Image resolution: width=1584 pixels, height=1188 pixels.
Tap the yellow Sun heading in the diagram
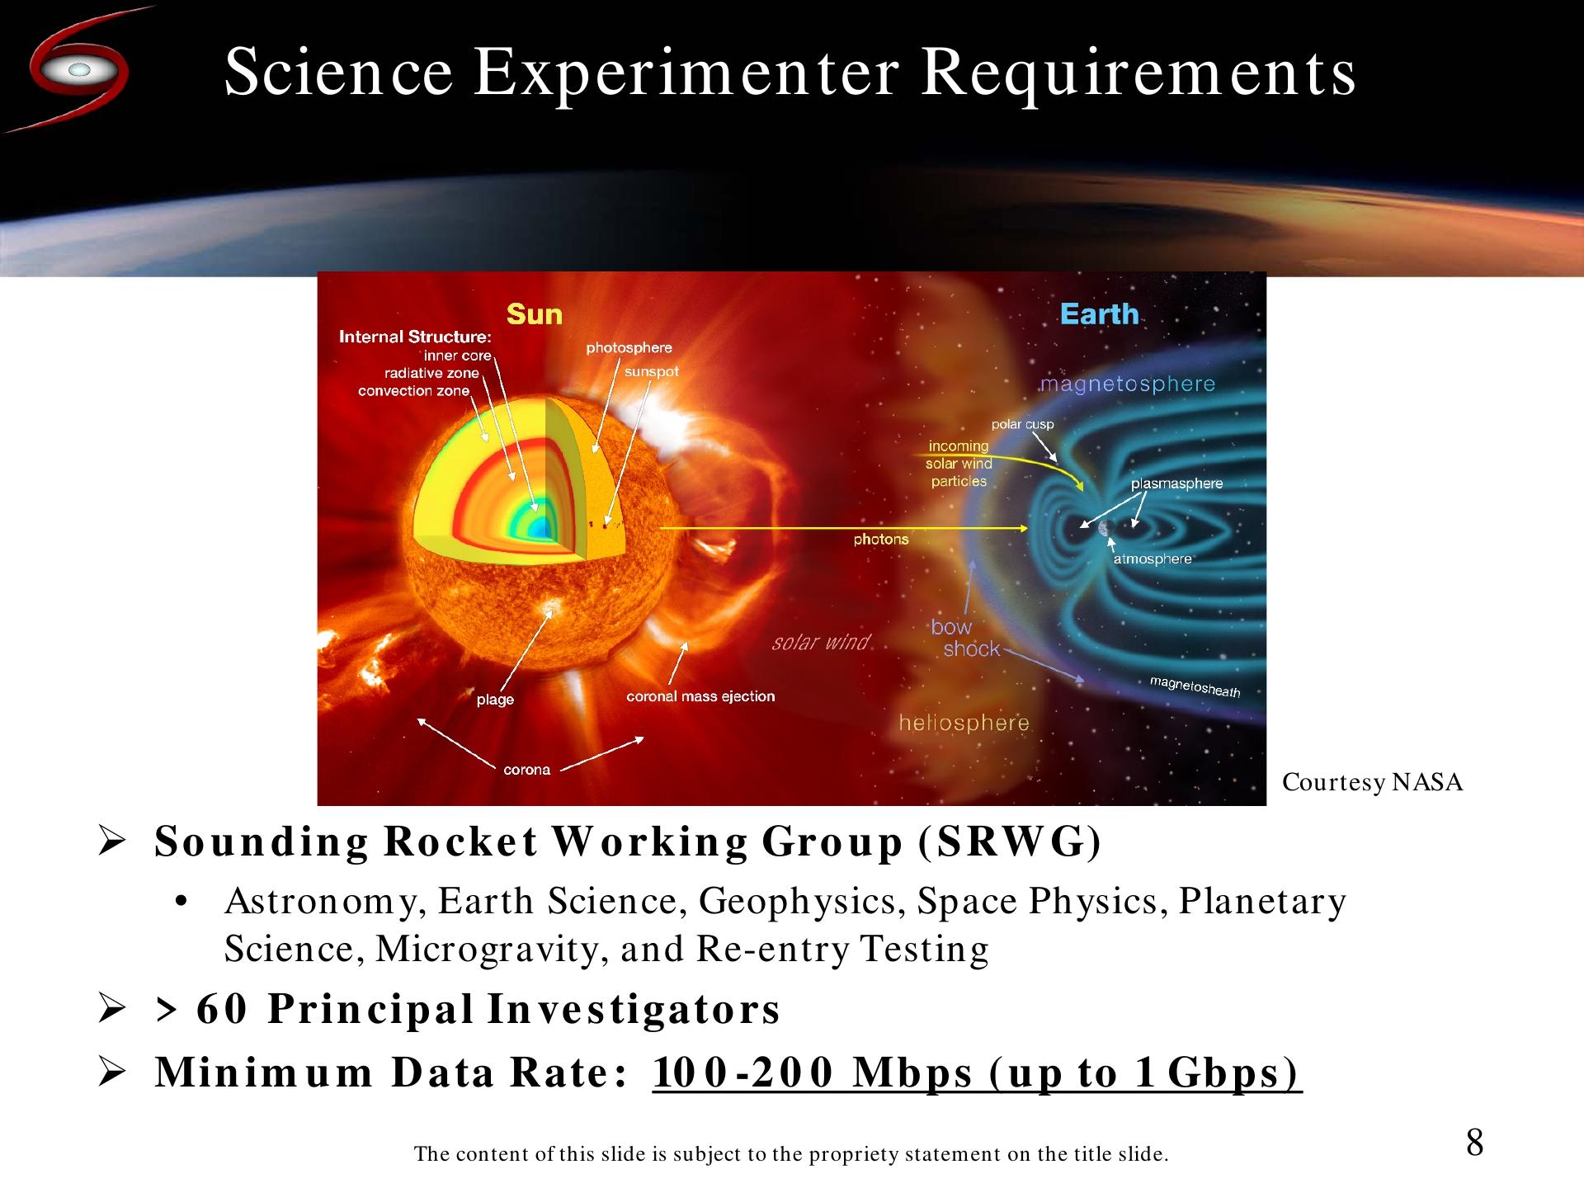click(x=534, y=314)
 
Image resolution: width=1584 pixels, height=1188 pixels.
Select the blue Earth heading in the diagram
click(x=1099, y=314)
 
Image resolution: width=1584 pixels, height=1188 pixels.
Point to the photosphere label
click(x=629, y=348)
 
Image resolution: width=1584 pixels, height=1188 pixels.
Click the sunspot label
click(x=652, y=372)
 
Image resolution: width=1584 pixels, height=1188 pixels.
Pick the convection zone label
click(x=413, y=391)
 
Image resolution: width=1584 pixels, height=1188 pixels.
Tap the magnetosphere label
click(x=1127, y=384)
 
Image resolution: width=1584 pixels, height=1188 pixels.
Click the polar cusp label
click(x=1022, y=424)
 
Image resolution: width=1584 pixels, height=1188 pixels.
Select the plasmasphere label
click(x=1176, y=483)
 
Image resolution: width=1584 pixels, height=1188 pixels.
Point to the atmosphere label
click(x=1153, y=559)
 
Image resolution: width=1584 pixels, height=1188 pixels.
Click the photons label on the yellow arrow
click(x=881, y=540)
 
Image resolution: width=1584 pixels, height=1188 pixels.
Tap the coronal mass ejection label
click(x=700, y=696)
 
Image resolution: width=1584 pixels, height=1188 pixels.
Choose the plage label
click(x=495, y=700)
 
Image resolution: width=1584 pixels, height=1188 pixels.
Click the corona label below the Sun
click(x=526, y=770)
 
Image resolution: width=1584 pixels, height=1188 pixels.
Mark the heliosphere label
click(x=964, y=724)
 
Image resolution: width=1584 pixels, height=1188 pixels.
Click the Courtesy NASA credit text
click(x=1372, y=782)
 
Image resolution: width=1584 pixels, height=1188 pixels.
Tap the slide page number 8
click(x=1474, y=1143)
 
